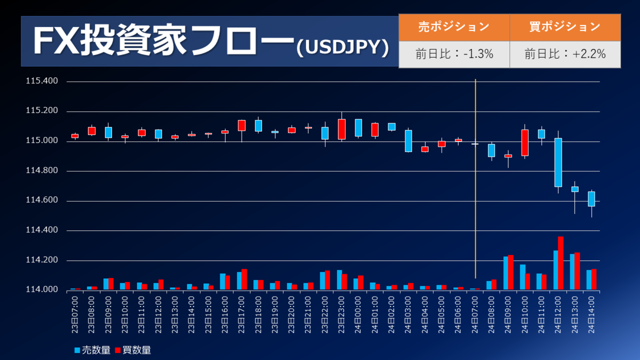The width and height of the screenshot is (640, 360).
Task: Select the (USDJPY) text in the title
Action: pos(342,47)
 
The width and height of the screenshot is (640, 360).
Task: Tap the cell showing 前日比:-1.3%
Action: pos(454,54)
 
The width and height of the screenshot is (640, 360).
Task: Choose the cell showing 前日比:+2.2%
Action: pos(565,54)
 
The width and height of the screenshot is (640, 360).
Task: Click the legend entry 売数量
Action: pos(93,350)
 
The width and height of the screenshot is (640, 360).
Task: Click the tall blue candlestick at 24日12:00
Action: pos(558,162)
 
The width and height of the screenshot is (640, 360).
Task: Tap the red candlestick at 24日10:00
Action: pos(525,142)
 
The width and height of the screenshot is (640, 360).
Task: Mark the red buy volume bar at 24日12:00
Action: pos(561,263)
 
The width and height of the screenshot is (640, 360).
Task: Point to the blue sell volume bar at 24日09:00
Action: pos(506,273)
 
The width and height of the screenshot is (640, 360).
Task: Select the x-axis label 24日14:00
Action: pos(591,314)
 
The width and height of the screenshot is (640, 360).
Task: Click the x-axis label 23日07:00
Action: pos(75,314)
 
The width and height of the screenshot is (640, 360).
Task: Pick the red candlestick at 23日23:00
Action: pos(341,129)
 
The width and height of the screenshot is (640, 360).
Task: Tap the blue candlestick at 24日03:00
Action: pos(409,141)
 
